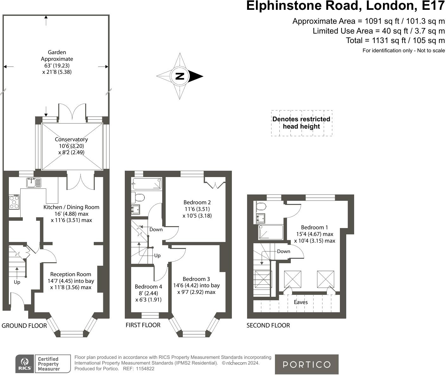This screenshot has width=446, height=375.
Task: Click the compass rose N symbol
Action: coord(180,76)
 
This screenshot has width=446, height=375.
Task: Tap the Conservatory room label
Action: coord(71,140)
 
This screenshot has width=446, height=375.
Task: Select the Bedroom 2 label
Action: coord(197,202)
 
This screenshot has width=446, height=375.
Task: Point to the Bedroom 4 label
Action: coord(148,287)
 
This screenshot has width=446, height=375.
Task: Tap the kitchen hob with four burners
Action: coord(14,202)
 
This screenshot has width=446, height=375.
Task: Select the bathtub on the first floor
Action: coord(147,184)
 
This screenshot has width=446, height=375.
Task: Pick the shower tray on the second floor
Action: coord(271,232)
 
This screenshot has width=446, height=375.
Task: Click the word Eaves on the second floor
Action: coord(301,302)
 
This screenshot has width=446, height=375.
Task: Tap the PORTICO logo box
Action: coord(306,364)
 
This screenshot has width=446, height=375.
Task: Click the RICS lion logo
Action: coord(25,364)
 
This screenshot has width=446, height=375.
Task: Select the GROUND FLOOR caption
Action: coord(24,326)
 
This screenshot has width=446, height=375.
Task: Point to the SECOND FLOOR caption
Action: coord(268,325)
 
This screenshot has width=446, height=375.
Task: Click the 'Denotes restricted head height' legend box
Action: coord(302,123)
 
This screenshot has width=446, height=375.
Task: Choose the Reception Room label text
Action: coord(71,274)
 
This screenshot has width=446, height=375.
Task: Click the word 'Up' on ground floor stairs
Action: coord(17,282)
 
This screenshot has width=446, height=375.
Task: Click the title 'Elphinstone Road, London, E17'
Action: coord(345,6)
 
